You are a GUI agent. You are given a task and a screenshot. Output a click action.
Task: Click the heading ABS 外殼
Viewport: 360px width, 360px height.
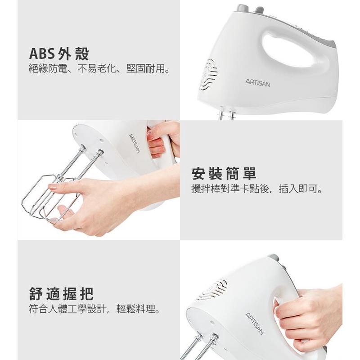tap(59, 54)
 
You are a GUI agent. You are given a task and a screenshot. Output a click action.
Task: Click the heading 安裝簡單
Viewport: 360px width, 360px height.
tap(224, 174)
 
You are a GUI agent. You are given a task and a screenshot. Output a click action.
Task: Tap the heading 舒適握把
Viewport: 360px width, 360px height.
tap(61, 294)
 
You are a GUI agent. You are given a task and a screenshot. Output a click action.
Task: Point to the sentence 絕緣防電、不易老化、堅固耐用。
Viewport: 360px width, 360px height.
tap(99, 68)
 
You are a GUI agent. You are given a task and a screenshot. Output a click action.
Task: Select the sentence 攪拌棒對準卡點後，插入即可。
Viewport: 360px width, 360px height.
tap(257, 189)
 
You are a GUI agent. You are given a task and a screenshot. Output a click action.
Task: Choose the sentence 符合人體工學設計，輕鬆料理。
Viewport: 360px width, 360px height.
tap(94, 309)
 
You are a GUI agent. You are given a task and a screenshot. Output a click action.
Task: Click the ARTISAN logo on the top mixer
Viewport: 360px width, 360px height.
tap(257, 83)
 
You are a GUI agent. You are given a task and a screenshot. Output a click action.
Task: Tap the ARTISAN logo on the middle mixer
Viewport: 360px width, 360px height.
tap(135, 144)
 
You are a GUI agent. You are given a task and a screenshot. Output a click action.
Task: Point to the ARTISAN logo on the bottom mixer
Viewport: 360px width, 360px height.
tap(255, 324)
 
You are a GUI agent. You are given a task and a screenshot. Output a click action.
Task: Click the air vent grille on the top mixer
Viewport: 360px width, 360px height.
tap(208, 74)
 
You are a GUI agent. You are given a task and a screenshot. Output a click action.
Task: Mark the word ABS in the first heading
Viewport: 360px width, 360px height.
tap(42, 54)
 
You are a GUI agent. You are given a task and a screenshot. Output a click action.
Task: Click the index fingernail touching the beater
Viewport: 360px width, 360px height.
tap(52, 187)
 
